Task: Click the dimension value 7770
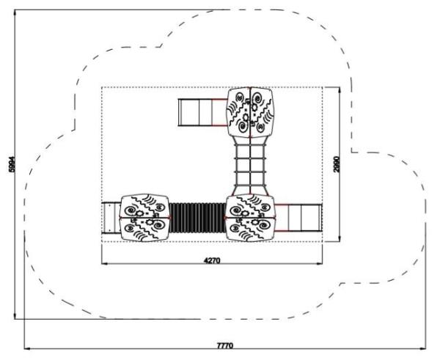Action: (225, 345)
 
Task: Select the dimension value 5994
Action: (12, 164)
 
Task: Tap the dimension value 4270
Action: (212, 261)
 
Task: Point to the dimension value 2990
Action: (337, 164)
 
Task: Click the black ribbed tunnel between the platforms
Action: (197, 218)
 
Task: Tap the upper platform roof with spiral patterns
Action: (250, 112)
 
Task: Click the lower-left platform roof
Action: (144, 218)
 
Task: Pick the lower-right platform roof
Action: (250, 218)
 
